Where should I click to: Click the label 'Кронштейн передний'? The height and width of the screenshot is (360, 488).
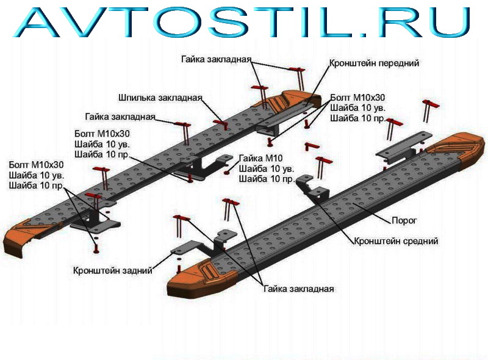coord(374,63)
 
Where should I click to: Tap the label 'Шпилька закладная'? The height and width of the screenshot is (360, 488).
coord(160,98)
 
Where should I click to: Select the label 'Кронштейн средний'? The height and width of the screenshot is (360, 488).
coord(396,241)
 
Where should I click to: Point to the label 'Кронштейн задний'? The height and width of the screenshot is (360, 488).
coord(113,270)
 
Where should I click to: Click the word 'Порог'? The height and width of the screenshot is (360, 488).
coord(404,220)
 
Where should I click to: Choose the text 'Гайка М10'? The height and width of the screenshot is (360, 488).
coord(261,158)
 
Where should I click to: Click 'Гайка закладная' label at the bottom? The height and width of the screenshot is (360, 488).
coord(299,289)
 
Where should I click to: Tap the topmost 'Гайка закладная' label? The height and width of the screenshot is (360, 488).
coord(217,59)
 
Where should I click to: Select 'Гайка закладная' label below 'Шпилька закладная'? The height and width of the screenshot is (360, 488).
coord(120,117)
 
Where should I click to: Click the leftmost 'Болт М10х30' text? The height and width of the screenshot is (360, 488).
coord(36,164)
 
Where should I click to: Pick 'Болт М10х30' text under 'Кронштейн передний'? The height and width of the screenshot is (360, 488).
coord(357,98)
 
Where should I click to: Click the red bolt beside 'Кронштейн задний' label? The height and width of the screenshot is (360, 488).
coord(179,268)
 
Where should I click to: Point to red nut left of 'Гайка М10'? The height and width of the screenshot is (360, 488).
coord(226,171)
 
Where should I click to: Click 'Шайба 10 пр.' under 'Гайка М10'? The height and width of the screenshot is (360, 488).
coord(267,179)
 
